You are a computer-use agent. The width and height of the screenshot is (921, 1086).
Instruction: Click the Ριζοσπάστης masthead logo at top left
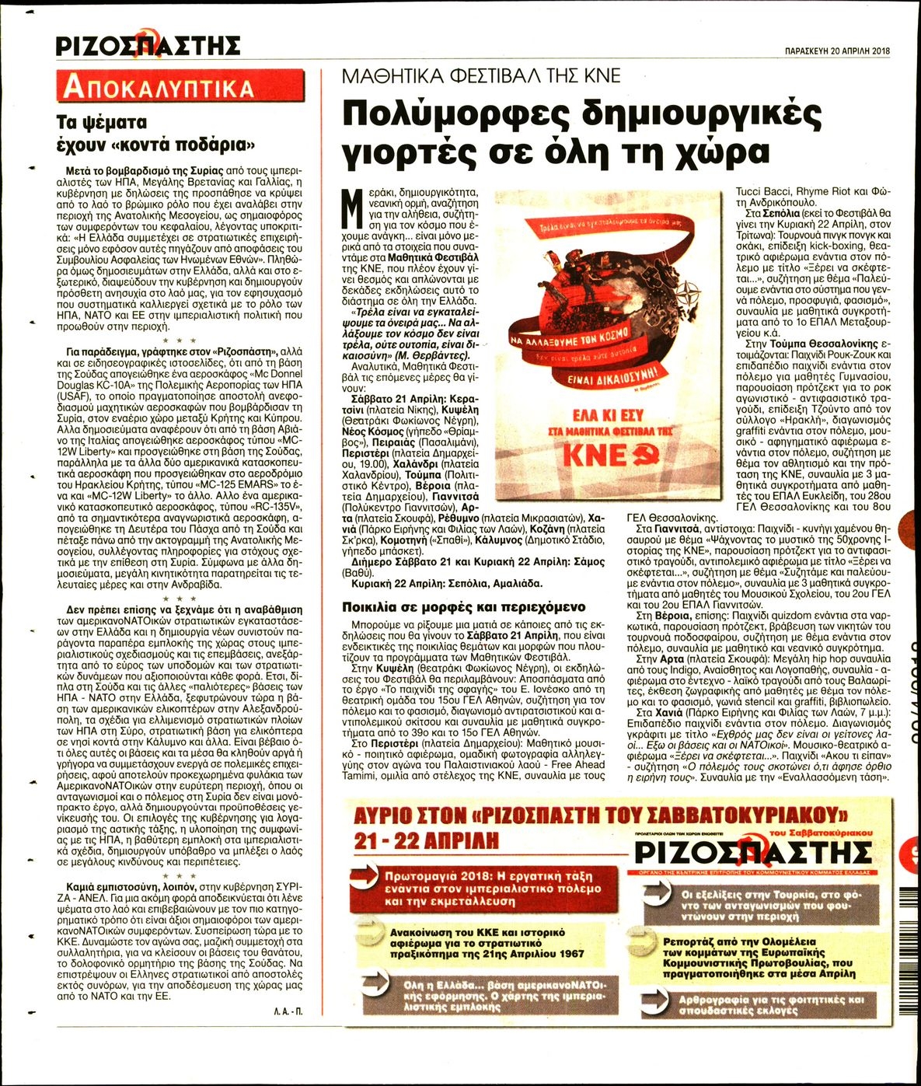[x=148, y=45]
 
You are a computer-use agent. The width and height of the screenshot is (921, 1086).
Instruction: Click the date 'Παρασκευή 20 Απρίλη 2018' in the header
[x=837, y=51]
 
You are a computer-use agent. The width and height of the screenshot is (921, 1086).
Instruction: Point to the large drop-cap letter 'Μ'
[x=351, y=208]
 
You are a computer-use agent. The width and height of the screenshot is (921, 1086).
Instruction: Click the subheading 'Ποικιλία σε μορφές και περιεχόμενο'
[x=464, y=607]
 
